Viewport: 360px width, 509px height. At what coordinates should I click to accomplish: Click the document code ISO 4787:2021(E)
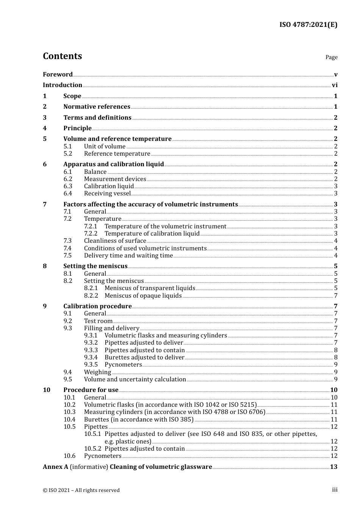(308, 25)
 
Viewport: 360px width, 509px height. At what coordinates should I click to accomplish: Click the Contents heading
(62, 56)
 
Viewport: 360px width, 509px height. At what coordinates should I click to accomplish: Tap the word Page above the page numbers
(331, 57)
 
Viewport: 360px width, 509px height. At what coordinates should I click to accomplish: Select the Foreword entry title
(58, 75)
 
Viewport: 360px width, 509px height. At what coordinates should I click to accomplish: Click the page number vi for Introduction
(335, 85)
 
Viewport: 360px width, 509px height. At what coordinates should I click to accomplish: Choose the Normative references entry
(97, 107)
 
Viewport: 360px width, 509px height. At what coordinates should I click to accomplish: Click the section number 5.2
(68, 154)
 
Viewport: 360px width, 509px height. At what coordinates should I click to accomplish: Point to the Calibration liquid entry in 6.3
(109, 186)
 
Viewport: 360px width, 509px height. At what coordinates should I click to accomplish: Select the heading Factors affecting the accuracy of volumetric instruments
(150, 205)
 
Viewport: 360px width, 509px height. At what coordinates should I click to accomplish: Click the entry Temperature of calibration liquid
(152, 234)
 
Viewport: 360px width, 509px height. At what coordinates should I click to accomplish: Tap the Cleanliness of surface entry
(115, 241)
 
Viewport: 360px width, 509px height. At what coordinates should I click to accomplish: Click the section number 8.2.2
(91, 296)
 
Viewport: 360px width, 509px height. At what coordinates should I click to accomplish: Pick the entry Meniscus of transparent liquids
(150, 288)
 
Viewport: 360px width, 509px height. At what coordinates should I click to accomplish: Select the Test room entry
(98, 321)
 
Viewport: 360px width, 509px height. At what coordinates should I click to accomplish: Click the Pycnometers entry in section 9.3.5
(123, 365)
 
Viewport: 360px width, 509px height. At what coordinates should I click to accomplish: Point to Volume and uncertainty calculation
(135, 379)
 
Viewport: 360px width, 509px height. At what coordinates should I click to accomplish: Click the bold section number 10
(47, 390)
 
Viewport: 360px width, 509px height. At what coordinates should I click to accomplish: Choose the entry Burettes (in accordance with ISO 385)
(139, 420)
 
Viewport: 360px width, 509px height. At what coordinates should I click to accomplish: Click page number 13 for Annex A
(333, 467)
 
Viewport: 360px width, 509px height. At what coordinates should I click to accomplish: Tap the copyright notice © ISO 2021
(81, 490)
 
